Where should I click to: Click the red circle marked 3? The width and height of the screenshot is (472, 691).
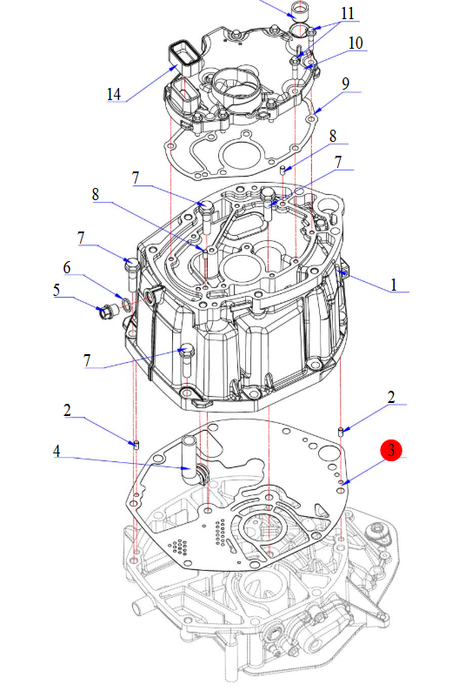click(x=391, y=450)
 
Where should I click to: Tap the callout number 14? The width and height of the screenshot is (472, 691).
click(x=114, y=94)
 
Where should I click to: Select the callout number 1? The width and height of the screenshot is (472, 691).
click(x=394, y=285)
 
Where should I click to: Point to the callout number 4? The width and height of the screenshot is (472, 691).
click(x=57, y=451)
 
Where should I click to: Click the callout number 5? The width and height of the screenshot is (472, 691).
click(x=57, y=290)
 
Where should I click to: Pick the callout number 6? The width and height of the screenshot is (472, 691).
click(x=67, y=267)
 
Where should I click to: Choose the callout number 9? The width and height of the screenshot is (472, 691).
click(x=346, y=84)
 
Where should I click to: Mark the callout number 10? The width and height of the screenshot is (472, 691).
click(x=356, y=43)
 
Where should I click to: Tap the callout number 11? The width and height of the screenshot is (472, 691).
click(x=348, y=13)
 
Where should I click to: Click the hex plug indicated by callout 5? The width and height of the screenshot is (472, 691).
click(x=106, y=312)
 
